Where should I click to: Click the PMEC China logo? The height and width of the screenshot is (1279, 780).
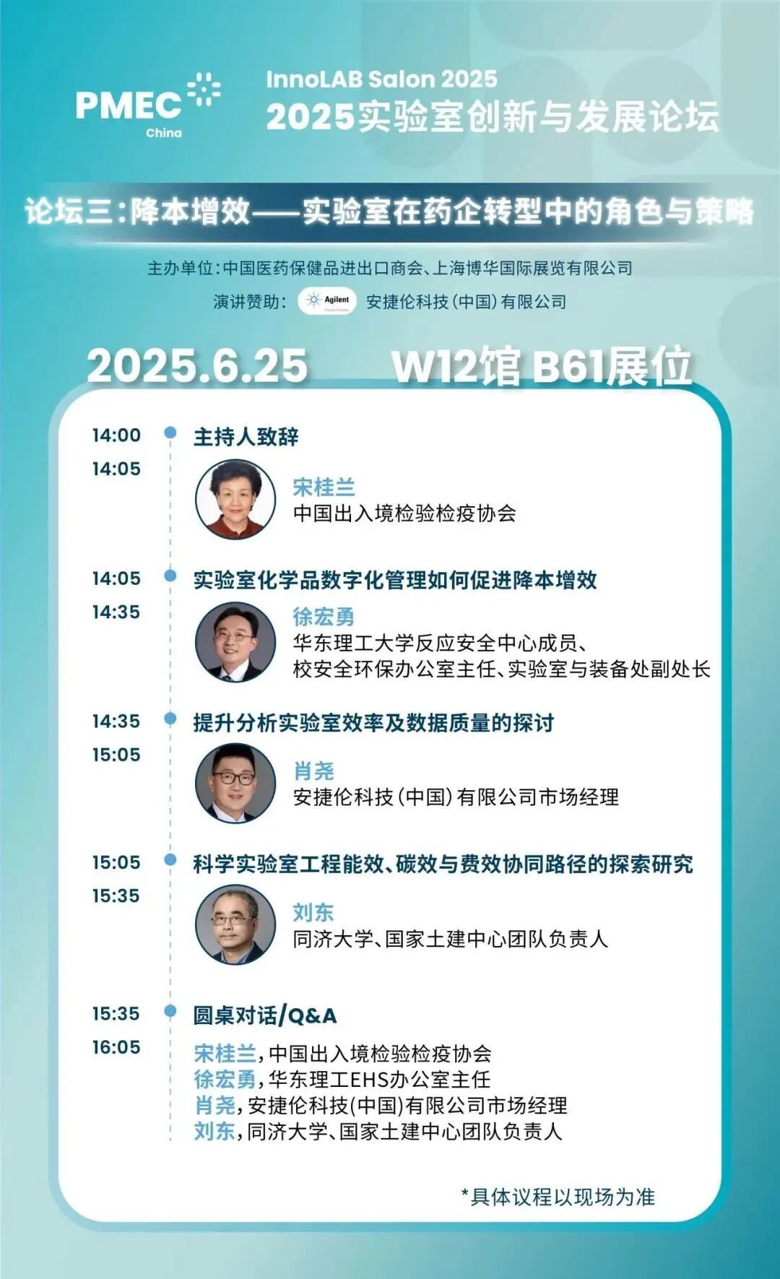point(147,105)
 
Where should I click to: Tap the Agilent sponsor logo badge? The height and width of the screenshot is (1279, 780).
point(327,301)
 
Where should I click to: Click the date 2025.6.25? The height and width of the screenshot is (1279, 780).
point(197,365)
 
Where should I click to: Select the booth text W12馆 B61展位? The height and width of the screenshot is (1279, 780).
point(542,366)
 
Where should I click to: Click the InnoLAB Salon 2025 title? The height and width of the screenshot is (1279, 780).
point(381,79)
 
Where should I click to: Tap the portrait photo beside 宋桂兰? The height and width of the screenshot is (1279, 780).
point(235,499)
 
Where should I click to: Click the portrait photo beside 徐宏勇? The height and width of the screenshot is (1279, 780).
point(235,641)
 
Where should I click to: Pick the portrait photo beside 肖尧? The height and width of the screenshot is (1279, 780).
point(235,783)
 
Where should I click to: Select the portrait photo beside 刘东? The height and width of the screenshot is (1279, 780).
point(235,925)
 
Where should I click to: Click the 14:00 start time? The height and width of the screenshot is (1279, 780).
point(116,435)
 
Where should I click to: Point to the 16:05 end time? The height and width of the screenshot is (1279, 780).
point(116,1047)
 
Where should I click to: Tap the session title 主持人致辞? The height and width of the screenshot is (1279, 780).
point(246,437)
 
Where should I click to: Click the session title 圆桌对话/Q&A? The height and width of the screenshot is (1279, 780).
point(264,1015)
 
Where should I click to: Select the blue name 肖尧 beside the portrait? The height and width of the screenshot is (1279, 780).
point(313,771)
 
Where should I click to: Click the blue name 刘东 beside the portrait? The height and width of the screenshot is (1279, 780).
point(313,912)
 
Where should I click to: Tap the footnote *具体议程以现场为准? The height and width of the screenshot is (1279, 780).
point(558,1197)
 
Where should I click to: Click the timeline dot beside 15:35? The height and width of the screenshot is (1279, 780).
point(170,1010)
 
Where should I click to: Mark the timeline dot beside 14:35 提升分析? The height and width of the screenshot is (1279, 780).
point(170,719)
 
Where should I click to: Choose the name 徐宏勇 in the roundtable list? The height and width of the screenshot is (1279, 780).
point(225,1079)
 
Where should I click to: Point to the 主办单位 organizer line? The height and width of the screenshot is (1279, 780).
point(390,268)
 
